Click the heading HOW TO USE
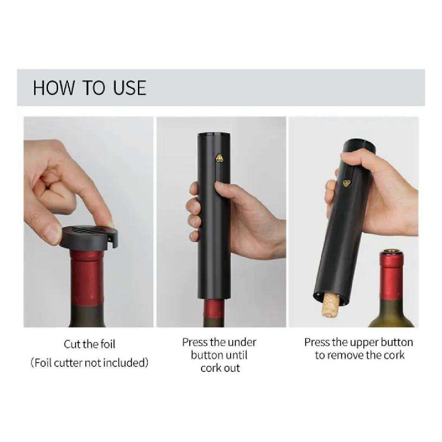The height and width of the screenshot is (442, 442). point(89,88)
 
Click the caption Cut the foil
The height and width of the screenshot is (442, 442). point(90,345)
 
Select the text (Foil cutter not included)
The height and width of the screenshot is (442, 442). point(90,363)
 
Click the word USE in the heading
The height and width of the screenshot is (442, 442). point(130,88)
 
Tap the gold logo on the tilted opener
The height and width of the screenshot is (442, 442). point(346,184)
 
